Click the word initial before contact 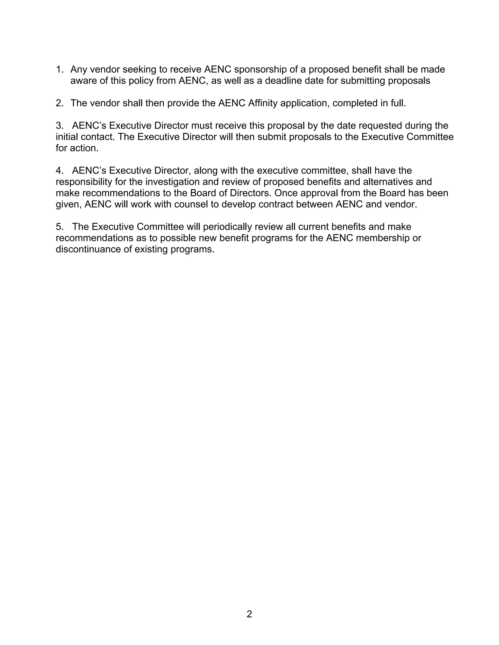click(67, 137)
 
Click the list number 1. click(59, 69)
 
